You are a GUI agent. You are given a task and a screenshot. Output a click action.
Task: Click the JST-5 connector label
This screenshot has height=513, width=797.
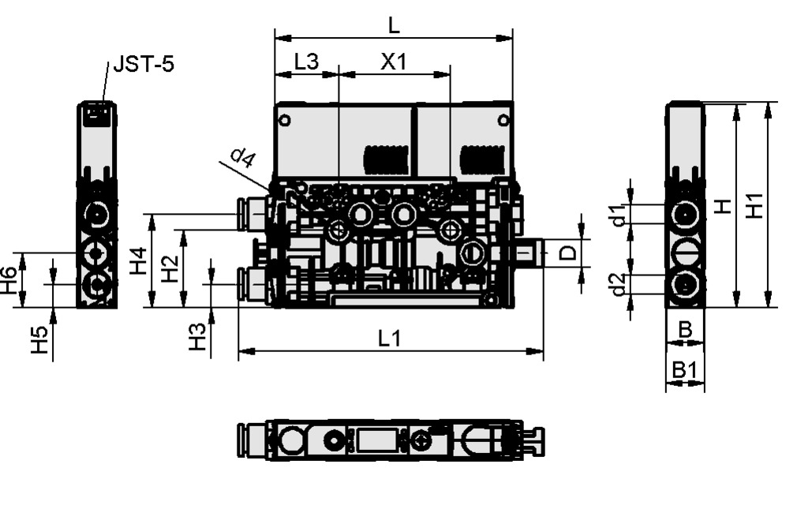pyautogui.click(x=143, y=64)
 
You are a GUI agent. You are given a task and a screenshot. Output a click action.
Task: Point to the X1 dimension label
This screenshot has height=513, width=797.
pyautogui.click(x=393, y=62)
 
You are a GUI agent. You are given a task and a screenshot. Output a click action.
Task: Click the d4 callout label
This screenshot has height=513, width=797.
pyautogui.click(x=243, y=159)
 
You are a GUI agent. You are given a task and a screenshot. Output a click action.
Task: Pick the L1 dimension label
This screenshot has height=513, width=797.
pyautogui.click(x=390, y=339)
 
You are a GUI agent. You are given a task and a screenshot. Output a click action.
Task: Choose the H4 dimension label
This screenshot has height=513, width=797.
pyautogui.click(x=139, y=260)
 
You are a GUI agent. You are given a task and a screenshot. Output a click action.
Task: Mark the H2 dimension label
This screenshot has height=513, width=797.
pyautogui.click(x=170, y=269)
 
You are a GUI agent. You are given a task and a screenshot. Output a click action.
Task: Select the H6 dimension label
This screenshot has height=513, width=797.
pyautogui.click(x=9, y=280)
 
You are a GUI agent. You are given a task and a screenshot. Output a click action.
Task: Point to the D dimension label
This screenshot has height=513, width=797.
pyautogui.click(x=567, y=253)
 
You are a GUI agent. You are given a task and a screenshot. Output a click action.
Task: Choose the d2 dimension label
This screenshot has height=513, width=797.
pyautogui.click(x=621, y=284)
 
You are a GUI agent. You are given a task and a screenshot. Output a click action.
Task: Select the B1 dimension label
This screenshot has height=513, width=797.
pyautogui.click(x=684, y=369)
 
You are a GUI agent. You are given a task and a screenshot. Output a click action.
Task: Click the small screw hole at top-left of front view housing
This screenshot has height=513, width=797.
pyautogui.click(x=285, y=121)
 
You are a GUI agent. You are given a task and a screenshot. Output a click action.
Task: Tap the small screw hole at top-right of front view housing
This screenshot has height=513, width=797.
pyautogui.click(x=503, y=120)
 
